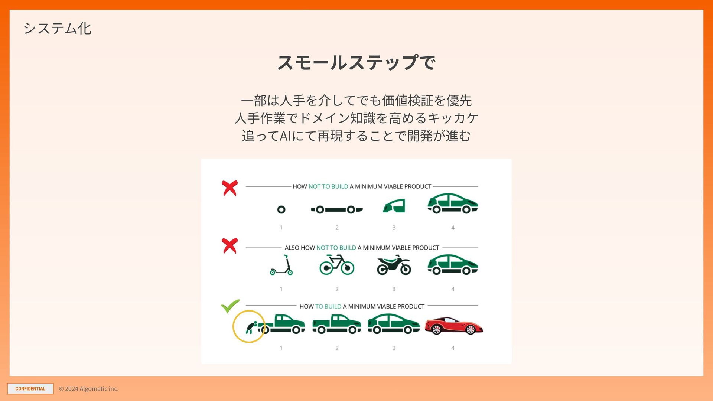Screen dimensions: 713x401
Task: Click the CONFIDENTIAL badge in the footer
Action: (x=30, y=389)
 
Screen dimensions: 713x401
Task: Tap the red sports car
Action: (x=454, y=326)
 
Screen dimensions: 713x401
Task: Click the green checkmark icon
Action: (x=230, y=306)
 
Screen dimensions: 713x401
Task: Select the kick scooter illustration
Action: (x=281, y=265)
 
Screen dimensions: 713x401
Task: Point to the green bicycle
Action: (x=337, y=265)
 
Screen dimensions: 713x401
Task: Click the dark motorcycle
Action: (x=394, y=265)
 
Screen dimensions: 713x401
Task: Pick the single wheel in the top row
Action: (x=281, y=210)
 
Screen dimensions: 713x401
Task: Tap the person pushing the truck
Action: (x=251, y=327)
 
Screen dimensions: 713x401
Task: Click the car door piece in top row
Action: (x=394, y=206)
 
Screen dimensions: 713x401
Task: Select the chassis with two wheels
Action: (x=337, y=210)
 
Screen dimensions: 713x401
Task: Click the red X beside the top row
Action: (x=230, y=188)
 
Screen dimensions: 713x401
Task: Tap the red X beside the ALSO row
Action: (x=230, y=246)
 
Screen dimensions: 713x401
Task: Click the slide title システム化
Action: (x=57, y=28)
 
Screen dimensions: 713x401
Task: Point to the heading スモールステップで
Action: (x=356, y=62)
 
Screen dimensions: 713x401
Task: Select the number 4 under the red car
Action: (x=453, y=348)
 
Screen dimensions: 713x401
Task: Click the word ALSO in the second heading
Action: (x=292, y=248)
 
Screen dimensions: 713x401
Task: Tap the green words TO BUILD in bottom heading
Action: (x=328, y=306)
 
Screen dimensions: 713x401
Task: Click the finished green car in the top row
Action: (x=453, y=203)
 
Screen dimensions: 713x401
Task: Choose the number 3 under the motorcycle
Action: (x=394, y=289)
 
